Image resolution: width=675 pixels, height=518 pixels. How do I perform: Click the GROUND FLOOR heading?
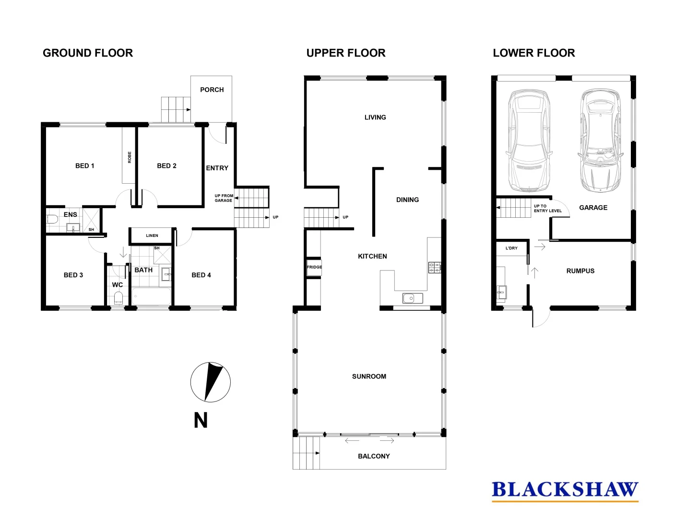tap(88, 53)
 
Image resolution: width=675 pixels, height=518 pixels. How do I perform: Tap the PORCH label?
tap(212, 90)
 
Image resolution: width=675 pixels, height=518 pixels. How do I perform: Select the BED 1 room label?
tap(84, 165)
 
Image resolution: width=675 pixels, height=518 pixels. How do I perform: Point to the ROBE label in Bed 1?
tap(130, 157)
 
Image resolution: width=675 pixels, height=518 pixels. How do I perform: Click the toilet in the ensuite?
tap(52, 220)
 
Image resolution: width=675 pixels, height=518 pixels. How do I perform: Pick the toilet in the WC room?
tap(118, 298)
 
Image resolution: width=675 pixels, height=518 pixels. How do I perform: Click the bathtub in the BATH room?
tap(152, 296)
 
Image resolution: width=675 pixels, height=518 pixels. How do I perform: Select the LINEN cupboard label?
tap(152, 235)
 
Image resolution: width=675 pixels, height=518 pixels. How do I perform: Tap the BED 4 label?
tap(201, 275)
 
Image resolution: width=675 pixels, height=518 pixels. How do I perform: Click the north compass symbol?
tap(210, 382)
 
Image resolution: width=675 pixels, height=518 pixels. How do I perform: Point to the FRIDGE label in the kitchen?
tap(314, 267)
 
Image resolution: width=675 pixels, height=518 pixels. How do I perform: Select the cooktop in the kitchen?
tap(434, 267)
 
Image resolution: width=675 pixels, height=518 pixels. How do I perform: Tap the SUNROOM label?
tap(369, 377)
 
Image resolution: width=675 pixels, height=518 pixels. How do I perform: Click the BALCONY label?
tap(374, 456)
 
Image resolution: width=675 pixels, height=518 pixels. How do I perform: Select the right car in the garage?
tap(601, 140)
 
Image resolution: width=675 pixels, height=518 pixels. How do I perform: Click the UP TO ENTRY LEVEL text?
tap(547, 208)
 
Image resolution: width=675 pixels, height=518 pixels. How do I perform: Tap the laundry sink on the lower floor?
tap(501, 291)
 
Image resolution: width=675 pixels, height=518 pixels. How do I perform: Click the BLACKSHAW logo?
tap(565, 490)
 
